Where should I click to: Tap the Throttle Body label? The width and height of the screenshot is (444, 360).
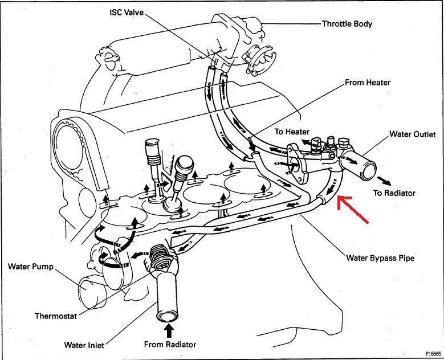point(347,24)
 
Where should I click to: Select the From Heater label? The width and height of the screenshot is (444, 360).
point(368,83)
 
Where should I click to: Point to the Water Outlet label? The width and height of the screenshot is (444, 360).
point(412,134)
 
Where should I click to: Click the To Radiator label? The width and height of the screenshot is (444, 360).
point(394,193)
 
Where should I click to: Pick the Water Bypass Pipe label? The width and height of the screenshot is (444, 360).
point(380,257)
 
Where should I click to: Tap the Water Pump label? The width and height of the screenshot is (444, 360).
point(30,266)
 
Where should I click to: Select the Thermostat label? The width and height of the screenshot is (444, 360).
point(56,316)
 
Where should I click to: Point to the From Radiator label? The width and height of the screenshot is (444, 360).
point(170,344)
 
